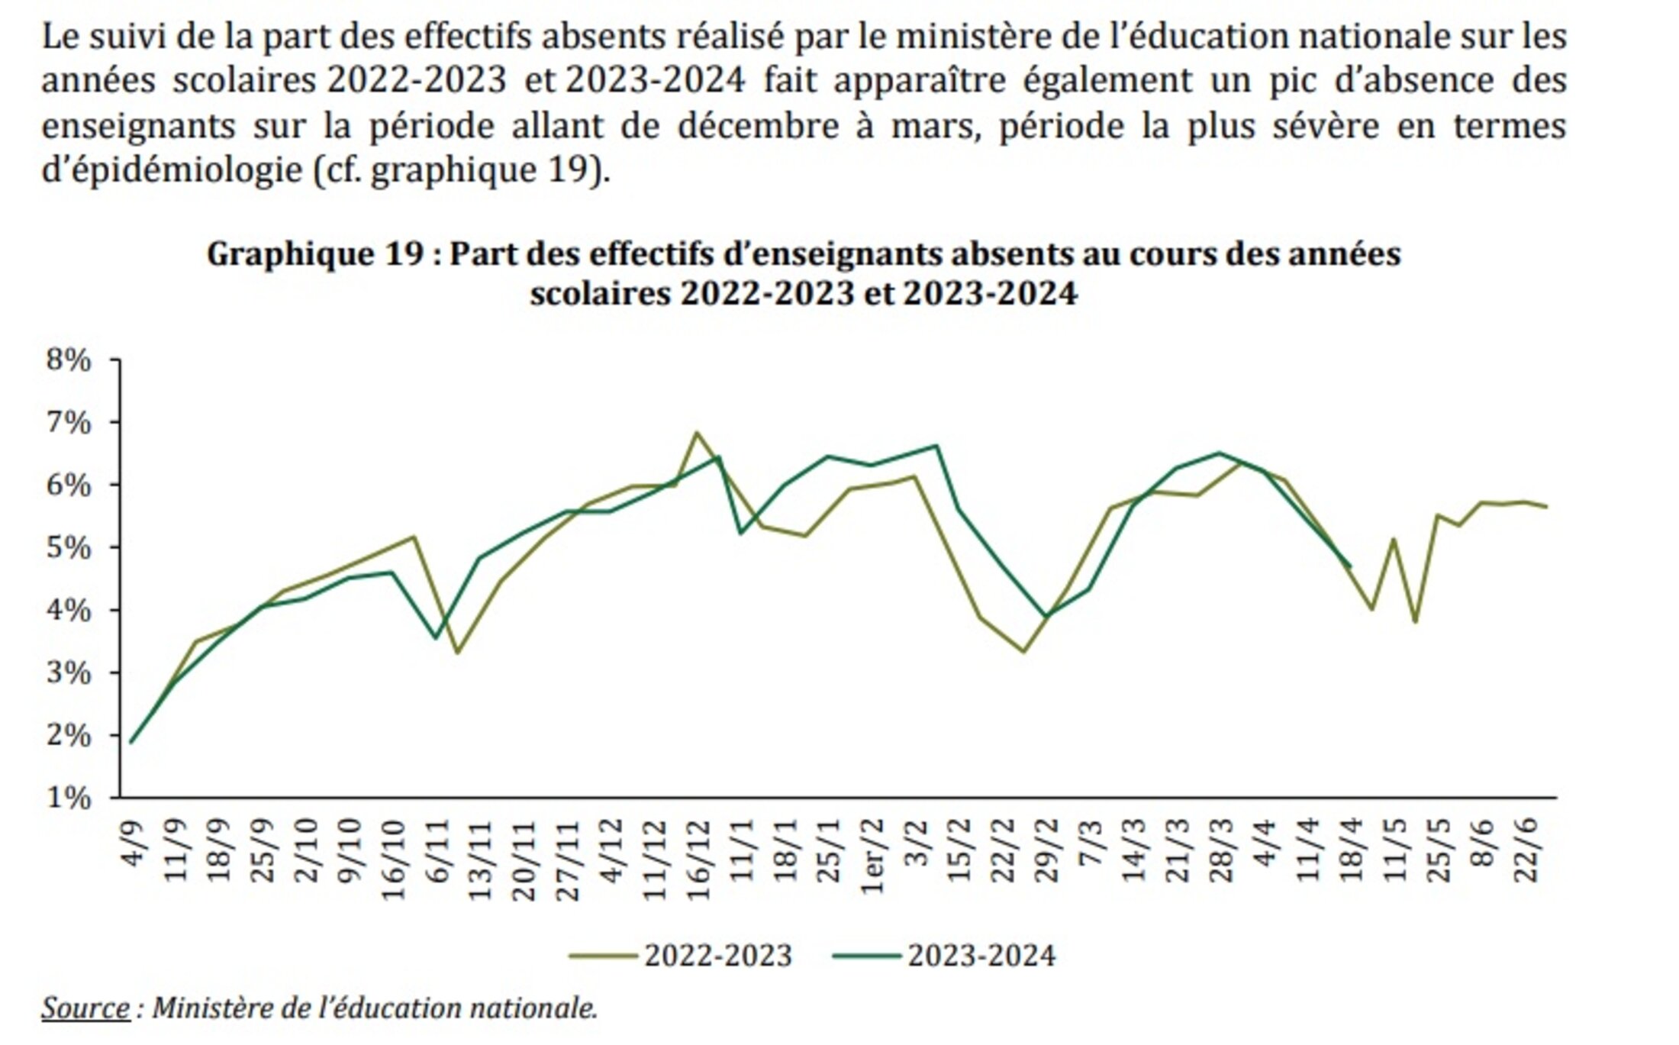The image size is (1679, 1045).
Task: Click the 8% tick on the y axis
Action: (x=69, y=360)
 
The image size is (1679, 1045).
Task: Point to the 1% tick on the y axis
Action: (x=69, y=798)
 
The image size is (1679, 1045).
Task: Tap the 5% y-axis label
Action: (x=69, y=548)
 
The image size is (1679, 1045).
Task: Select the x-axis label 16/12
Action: (x=698, y=861)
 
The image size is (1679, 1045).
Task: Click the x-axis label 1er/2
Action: (x=873, y=856)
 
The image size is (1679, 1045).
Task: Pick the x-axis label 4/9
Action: (x=132, y=843)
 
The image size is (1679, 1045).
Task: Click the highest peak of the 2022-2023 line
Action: (x=696, y=433)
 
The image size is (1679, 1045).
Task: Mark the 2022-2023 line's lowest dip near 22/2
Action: (x=1023, y=651)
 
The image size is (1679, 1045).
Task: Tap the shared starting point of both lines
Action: (x=131, y=742)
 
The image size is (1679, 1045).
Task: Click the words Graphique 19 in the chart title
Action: (x=314, y=254)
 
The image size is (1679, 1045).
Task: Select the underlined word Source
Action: (x=85, y=1008)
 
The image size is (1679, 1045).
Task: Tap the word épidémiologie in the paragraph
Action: (x=172, y=169)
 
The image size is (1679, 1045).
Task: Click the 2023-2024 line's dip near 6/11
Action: (x=436, y=637)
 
